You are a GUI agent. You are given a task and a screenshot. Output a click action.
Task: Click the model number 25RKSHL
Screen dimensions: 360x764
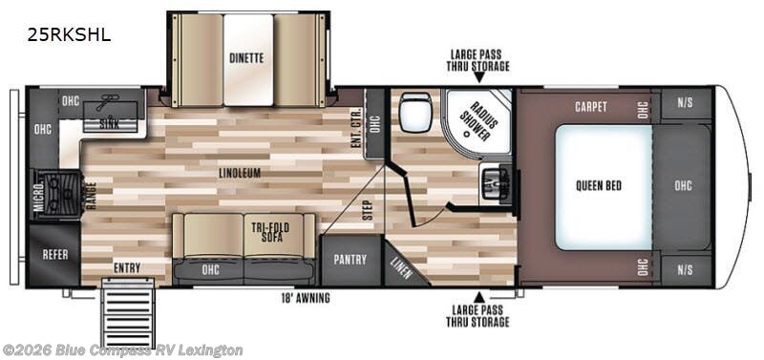70,35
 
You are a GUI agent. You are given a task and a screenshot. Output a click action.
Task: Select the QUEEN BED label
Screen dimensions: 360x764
600,184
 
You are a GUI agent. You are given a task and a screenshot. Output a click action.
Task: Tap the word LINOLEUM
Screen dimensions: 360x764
238,172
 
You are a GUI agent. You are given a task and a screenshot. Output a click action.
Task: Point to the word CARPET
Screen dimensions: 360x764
592,106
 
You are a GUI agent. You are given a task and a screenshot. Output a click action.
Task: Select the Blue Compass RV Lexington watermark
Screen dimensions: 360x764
122,350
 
